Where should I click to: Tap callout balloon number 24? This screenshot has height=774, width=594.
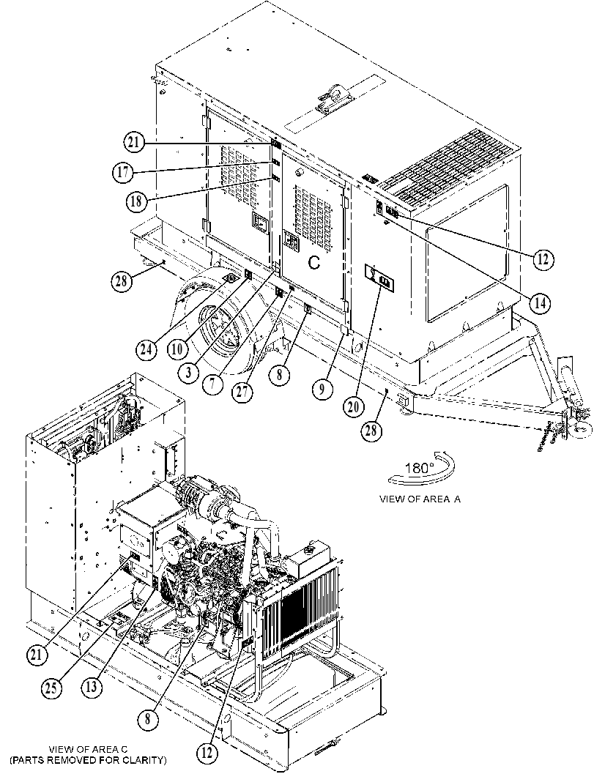coord(146,350)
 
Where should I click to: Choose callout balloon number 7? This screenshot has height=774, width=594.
coord(212,384)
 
